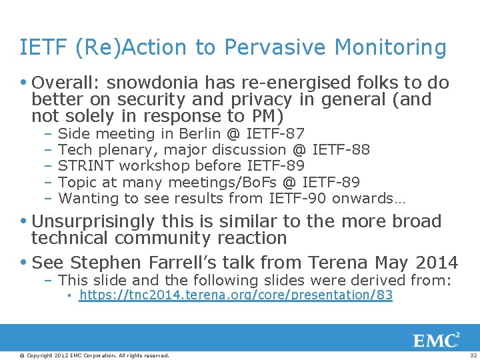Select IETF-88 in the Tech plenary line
coord(341,150)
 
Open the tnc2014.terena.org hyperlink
coord(235,295)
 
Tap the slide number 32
coord(473,355)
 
